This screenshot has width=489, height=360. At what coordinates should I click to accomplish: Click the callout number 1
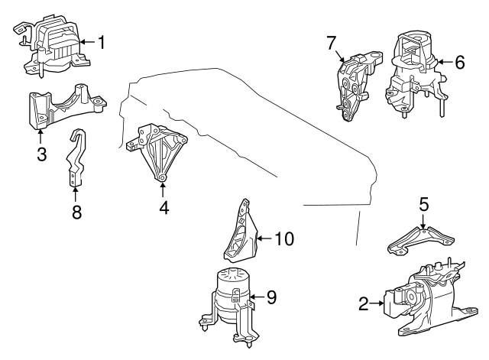coord(101,42)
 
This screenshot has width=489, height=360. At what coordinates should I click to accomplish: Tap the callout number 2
coord(364,304)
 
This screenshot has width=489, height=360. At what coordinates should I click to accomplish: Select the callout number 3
coord(41,154)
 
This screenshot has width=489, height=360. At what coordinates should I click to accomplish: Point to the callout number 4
coord(162,206)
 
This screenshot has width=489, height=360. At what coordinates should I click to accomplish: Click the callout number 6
coord(458,63)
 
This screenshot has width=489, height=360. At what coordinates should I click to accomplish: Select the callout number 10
coord(283,238)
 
